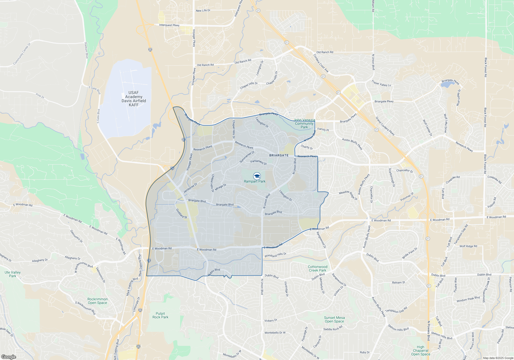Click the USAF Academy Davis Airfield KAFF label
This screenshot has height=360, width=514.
pos(134,99)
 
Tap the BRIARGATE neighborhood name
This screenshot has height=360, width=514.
pos(279,155)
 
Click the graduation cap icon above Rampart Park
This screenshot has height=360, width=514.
pos(257,176)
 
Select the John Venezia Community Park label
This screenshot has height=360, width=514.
pos(304,123)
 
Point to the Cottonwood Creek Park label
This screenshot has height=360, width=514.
pos(317,268)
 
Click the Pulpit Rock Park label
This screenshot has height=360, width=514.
pos(160,315)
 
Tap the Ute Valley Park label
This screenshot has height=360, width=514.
pos(13,274)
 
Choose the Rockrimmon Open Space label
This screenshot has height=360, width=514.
pos(97,301)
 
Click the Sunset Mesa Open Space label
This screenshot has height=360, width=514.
pos(334,319)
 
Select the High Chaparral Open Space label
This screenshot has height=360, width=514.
pos(420,350)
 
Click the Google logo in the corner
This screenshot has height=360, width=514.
pos(8,357)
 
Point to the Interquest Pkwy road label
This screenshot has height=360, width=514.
pos(169,25)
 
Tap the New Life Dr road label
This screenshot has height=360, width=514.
pos(203,11)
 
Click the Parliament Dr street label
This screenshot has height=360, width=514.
pos(259,162)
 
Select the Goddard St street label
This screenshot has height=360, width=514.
pos(181,213)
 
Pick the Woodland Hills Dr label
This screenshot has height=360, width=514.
pos(275,255)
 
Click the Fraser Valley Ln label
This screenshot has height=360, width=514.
pos(381,84)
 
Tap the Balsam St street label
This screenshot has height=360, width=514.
pos(398,282)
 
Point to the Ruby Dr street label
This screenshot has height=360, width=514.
pos(365,352)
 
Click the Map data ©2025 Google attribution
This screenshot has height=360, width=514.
pos(498,358)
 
